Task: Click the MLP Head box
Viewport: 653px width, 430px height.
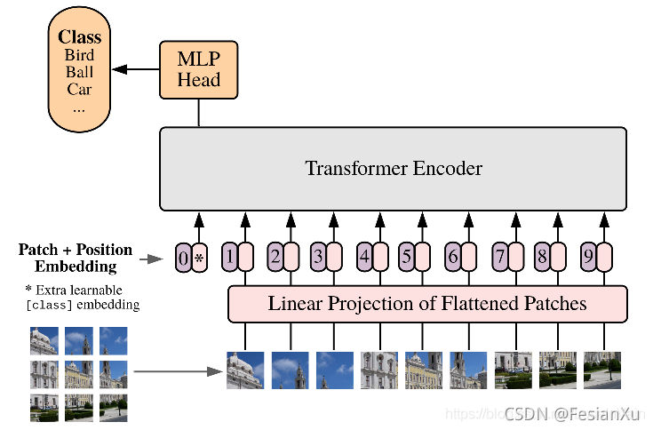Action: (x=199, y=69)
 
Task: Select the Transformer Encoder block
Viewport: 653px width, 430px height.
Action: (x=394, y=168)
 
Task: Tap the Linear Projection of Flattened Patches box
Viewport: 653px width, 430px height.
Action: (x=427, y=304)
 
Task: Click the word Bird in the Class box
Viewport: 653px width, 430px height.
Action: (x=79, y=55)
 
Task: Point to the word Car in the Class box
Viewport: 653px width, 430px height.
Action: (x=79, y=89)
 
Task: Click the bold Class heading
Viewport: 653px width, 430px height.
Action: (x=79, y=37)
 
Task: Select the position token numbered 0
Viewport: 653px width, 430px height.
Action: (x=183, y=259)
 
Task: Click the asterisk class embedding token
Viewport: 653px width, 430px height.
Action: (x=199, y=259)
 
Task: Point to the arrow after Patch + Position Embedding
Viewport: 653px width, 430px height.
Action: (x=153, y=259)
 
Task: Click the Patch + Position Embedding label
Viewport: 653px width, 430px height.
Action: (x=76, y=258)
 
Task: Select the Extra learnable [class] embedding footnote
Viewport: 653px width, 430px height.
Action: (x=82, y=298)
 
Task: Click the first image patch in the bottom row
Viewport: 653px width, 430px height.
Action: (x=245, y=370)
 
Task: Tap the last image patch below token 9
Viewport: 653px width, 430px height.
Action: (x=602, y=370)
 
